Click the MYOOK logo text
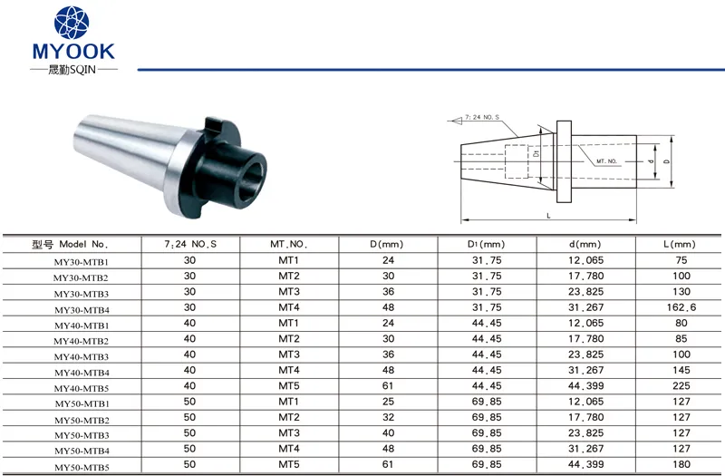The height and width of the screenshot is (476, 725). pos(73,51)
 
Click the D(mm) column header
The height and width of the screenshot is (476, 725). pos(386,244)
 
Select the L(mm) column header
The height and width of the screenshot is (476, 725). pos(679,244)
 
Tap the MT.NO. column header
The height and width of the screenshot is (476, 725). pos(289,244)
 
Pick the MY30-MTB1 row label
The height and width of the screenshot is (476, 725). pos(81,261)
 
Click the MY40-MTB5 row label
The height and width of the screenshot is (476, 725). pos(81,388)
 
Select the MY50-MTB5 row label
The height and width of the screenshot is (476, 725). pos(81,467)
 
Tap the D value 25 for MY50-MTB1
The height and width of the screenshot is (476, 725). pos(386,403)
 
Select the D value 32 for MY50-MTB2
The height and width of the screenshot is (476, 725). pos(386,419)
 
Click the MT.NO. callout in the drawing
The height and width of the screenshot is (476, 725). pos(607,160)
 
